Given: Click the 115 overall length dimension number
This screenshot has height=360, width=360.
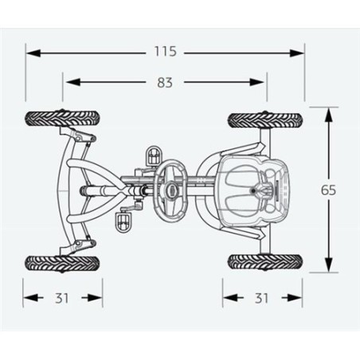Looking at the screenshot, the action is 166,51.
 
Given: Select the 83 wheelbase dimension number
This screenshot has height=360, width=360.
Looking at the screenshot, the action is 165,83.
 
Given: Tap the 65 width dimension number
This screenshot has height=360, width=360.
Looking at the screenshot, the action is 328,190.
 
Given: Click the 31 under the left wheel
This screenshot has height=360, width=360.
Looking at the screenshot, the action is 62,299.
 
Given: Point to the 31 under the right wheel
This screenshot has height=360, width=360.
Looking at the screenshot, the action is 262,299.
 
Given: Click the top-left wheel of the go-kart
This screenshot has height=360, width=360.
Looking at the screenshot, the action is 62,119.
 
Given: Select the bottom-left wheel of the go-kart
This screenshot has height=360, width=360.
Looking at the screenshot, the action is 62,264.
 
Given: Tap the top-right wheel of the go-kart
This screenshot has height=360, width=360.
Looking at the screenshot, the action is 264,120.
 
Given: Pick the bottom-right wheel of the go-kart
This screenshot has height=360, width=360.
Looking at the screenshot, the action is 264,262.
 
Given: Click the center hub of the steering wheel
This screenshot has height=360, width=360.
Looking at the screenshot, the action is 171,189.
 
